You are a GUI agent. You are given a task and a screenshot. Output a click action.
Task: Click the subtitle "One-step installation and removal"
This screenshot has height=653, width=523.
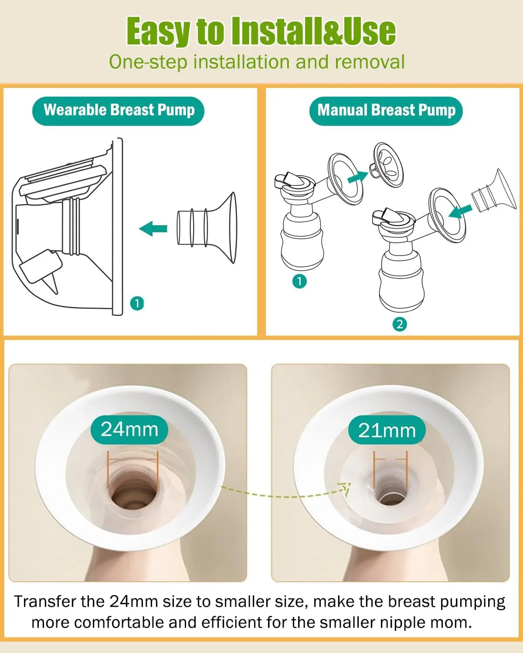tap(257, 62)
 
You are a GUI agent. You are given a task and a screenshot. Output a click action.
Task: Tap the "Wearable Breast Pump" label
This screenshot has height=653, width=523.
tap(119, 111)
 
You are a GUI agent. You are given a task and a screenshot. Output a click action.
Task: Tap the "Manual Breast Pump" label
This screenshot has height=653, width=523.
tap(386, 111)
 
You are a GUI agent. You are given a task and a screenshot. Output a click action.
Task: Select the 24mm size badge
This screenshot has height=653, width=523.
tap(129, 429)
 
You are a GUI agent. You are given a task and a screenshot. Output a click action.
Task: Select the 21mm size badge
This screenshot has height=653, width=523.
tap(387, 431)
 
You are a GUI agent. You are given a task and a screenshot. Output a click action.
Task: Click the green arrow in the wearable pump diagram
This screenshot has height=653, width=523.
tap(153, 228)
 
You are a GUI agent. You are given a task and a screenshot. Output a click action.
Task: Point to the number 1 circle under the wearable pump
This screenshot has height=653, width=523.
tap(137, 303)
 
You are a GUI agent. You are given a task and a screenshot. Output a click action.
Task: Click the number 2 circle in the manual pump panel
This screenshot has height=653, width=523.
tap(400, 324)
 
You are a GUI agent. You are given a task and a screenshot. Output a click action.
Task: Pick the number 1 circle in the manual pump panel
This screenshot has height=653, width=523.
tap(299, 281)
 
